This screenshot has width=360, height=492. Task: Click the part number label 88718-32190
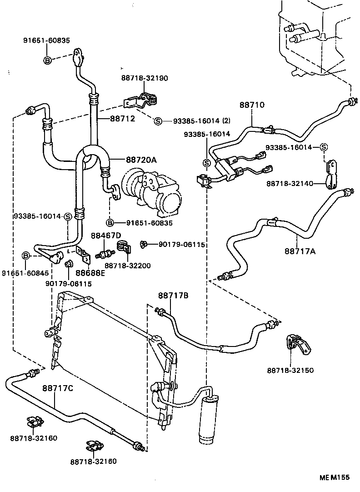[144, 78]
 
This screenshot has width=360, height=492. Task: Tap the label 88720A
[141, 160]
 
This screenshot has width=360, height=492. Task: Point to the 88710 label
[252, 105]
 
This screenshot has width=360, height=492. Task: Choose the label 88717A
[300, 251]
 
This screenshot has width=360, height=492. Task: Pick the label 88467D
[106, 235]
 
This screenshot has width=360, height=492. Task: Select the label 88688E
[90, 273]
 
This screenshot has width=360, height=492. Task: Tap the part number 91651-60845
[21, 273]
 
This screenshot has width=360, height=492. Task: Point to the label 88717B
[173, 296]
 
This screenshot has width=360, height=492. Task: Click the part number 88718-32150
[290, 371]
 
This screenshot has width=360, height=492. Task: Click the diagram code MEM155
[334, 477]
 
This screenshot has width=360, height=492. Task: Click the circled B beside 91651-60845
[26, 256]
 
